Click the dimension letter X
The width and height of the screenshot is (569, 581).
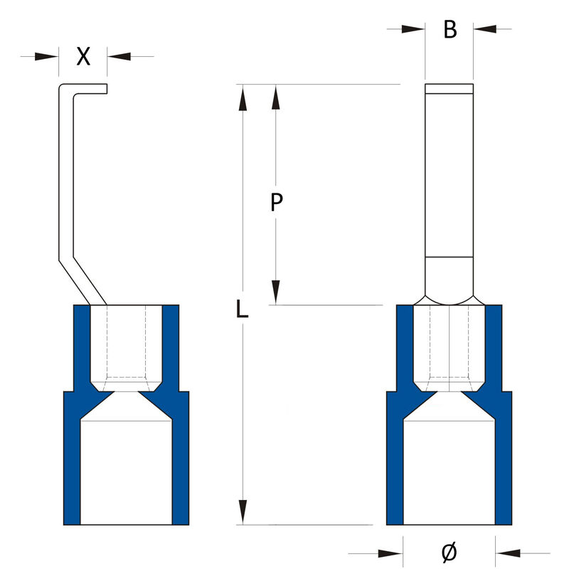83,57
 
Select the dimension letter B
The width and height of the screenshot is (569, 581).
450,30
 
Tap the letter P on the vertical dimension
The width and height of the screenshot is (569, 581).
277,203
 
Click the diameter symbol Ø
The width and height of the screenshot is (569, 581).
449,553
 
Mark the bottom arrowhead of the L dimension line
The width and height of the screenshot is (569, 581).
243,513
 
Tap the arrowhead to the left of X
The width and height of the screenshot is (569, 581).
47,56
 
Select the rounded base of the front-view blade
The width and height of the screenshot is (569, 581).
449,281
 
